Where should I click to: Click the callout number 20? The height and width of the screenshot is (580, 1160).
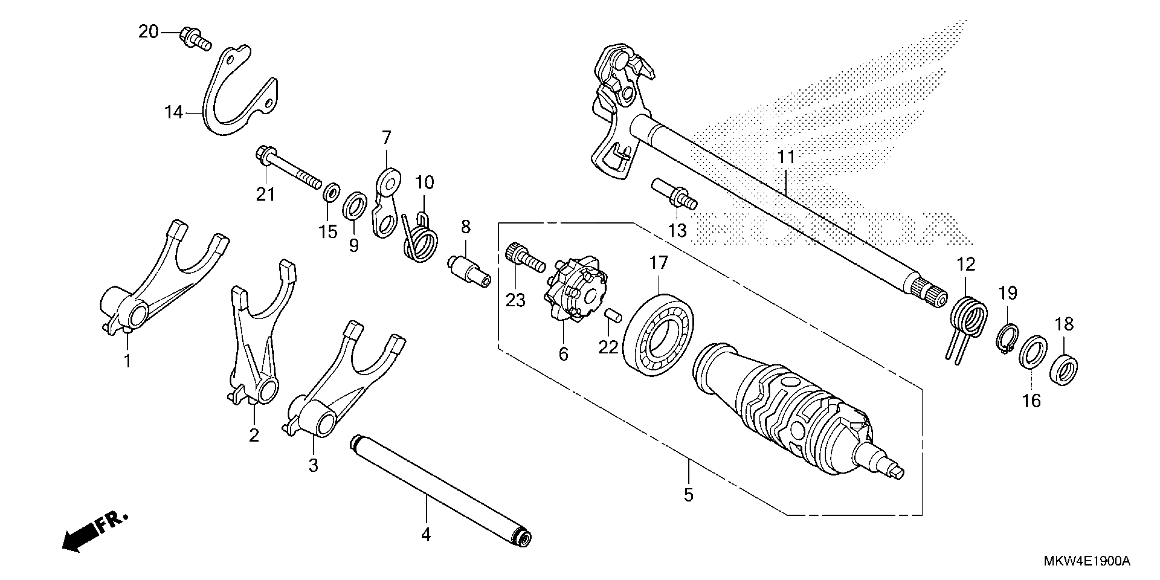pyautogui.click(x=148, y=32)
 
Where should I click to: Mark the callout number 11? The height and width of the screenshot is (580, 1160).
pyautogui.click(x=787, y=157)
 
